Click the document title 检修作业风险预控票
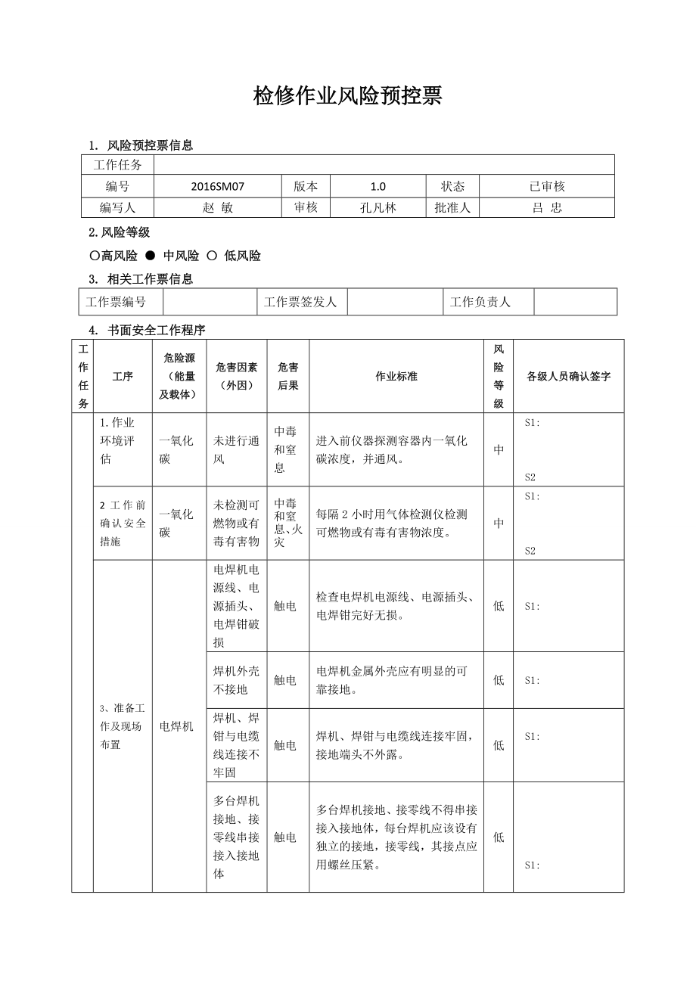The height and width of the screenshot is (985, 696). click(347, 96)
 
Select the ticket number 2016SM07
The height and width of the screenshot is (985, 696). click(218, 186)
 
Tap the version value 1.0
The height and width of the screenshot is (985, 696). click(378, 186)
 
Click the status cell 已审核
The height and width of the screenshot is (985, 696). click(546, 186)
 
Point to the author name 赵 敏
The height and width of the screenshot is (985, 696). click(218, 208)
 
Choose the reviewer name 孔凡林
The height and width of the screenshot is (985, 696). click(378, 208)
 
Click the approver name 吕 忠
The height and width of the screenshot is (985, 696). click(546, 208)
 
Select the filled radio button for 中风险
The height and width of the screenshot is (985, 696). click(151, 256)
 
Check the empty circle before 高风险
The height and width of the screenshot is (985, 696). click(95, 256)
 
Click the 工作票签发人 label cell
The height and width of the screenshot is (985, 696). click(300, 302)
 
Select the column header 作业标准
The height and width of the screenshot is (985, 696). click(396, 376)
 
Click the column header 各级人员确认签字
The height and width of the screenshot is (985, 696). click(568, 376)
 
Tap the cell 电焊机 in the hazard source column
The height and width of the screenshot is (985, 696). click(177, 726)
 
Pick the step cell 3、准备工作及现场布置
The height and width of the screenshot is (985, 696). click(123, 726)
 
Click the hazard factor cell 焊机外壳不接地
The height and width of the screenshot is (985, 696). click(236, 680)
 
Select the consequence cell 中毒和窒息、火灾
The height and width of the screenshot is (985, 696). click(287, 523)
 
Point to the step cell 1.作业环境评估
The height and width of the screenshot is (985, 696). click(123, 441)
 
